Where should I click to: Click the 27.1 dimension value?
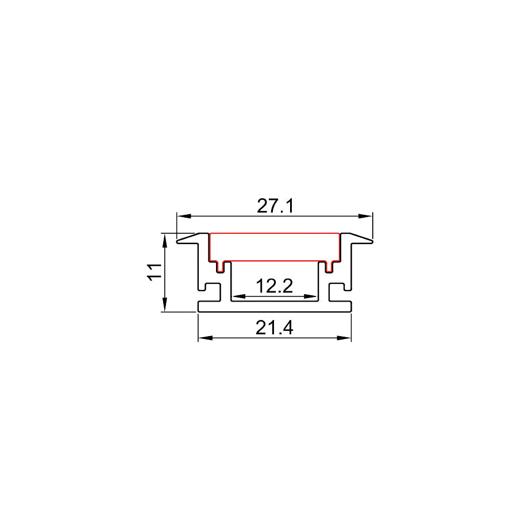coord(275,206)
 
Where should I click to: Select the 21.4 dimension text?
coord(275,328)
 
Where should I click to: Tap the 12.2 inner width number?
coord(274,286)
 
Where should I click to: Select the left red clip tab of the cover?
coord(220,267)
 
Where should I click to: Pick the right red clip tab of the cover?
coord(329,267)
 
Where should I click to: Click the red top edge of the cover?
coord(275,233)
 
